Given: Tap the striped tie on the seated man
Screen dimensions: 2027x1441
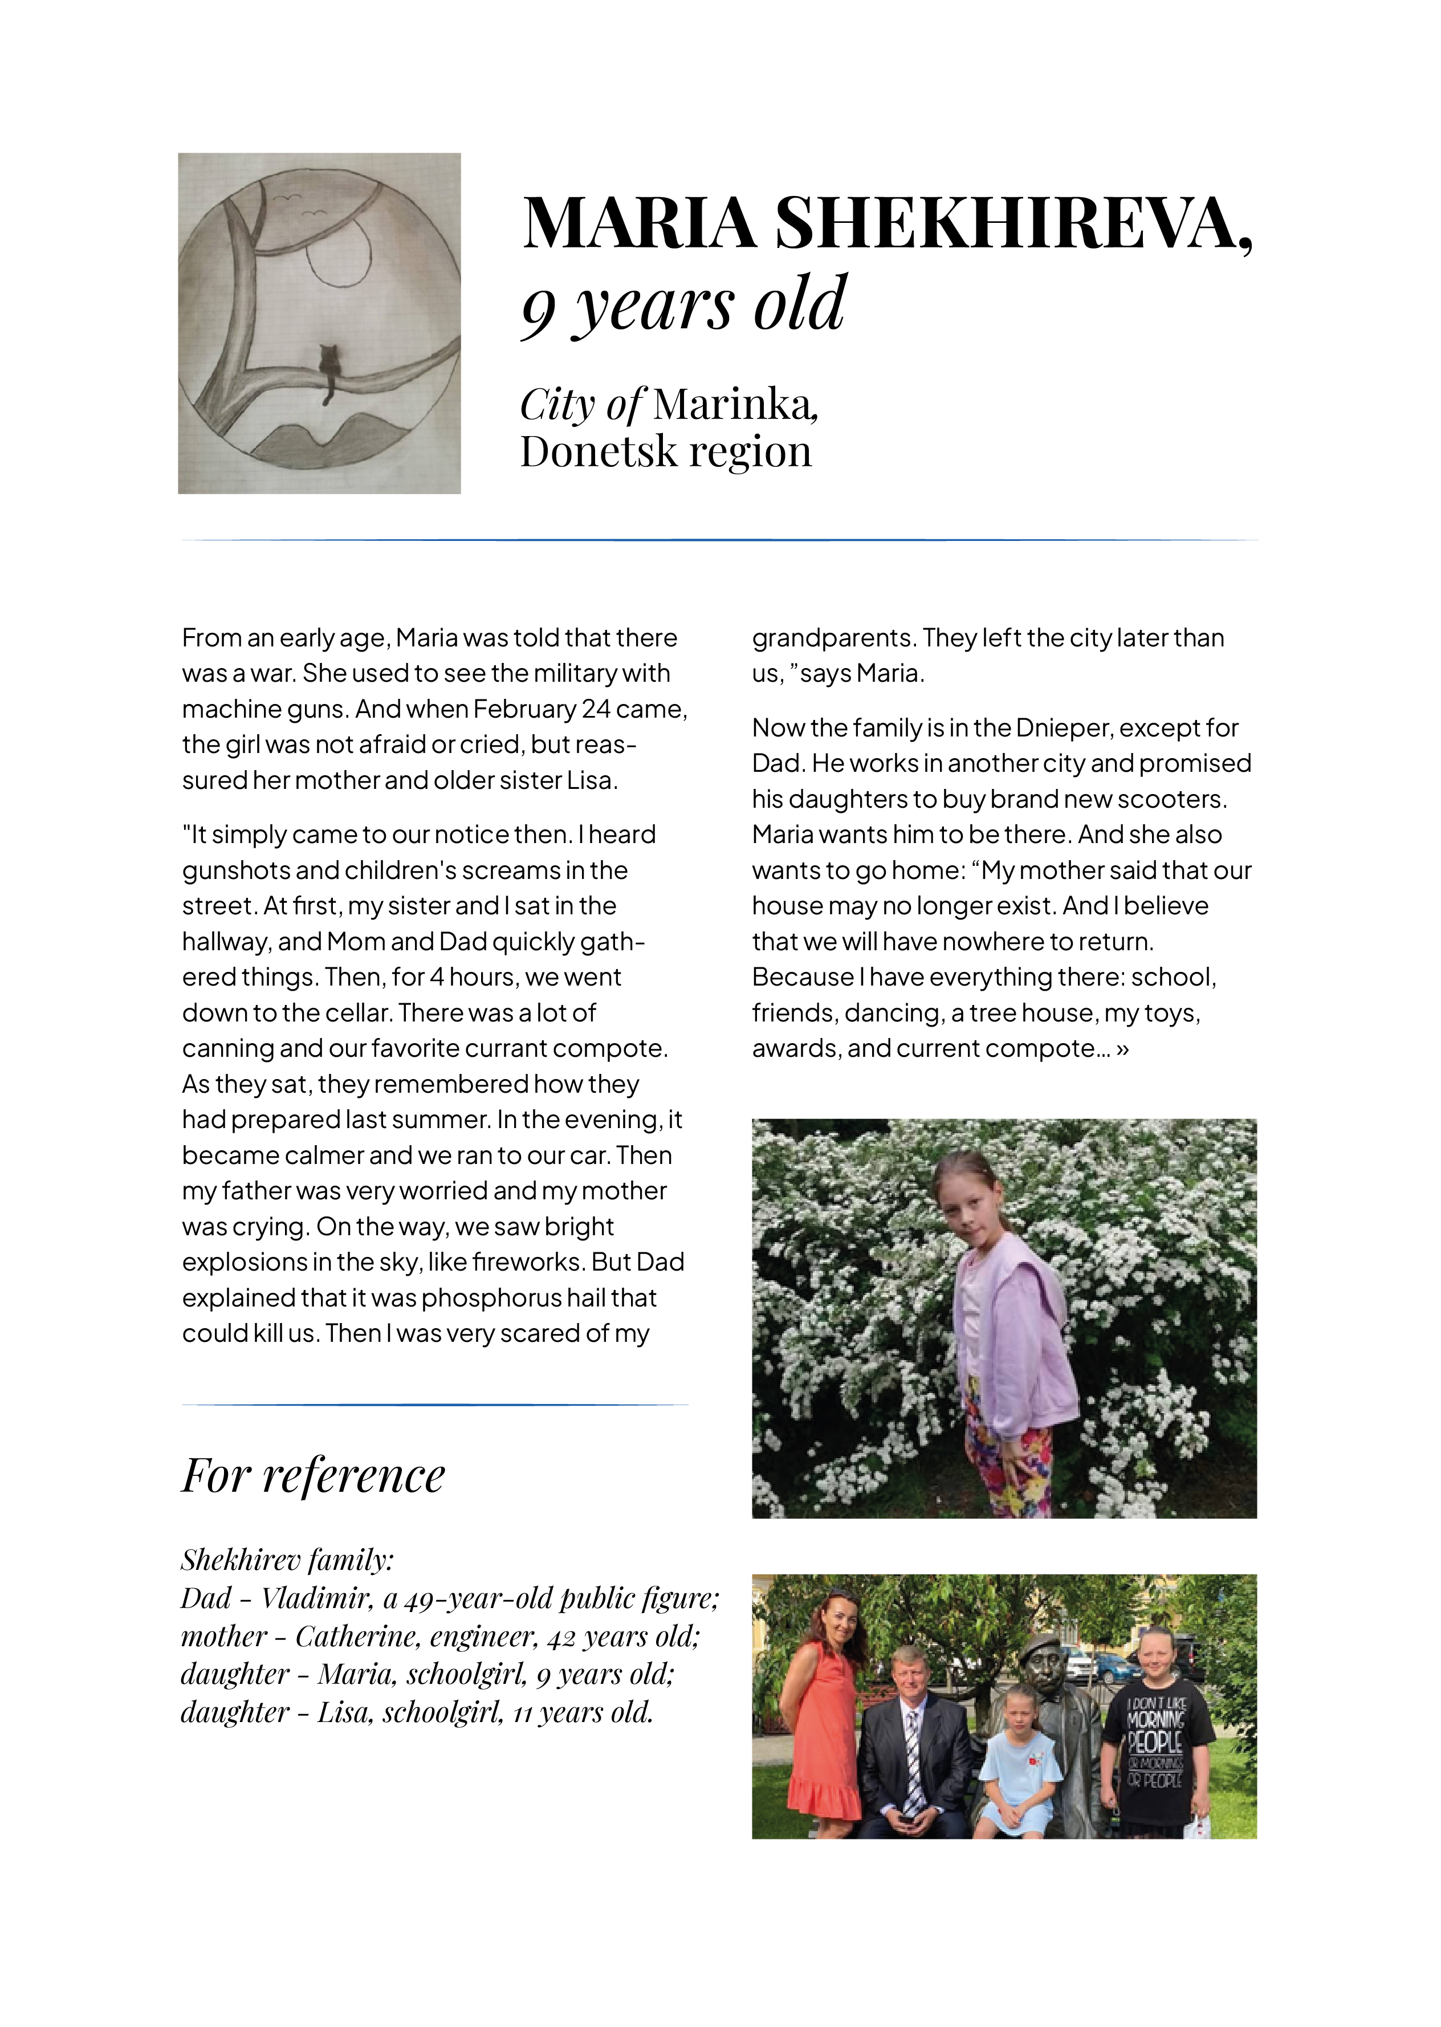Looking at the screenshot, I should [x=913, y=1753].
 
